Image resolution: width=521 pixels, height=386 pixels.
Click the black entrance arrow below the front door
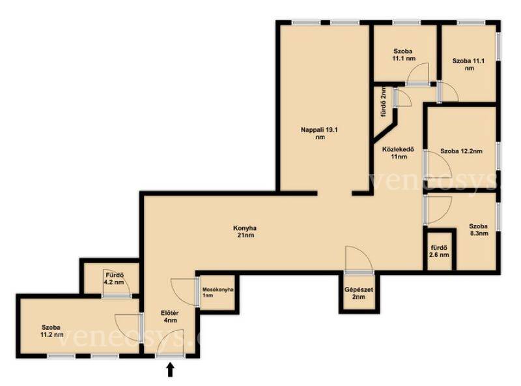(171, 370)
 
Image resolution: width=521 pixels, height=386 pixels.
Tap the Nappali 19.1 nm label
(319, 133)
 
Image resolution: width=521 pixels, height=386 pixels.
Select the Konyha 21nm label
(245, 231)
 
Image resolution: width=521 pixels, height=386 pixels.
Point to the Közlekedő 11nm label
(399, 153)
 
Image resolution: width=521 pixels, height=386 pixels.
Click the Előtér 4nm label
(170, 316)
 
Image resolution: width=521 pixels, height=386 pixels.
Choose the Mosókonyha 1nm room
(218, 293)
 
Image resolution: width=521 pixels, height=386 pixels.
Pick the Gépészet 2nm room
(359, 293)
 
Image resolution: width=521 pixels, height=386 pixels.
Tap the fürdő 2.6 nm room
(440, 251)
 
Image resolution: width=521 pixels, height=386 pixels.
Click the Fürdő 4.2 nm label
(115, 279)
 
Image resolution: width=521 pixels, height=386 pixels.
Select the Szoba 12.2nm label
(461, 151)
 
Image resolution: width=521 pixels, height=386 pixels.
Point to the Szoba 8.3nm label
(479, 230)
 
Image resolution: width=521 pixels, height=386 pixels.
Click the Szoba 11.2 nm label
(52, 331)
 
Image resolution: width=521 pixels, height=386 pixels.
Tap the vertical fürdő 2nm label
(384, 102)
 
